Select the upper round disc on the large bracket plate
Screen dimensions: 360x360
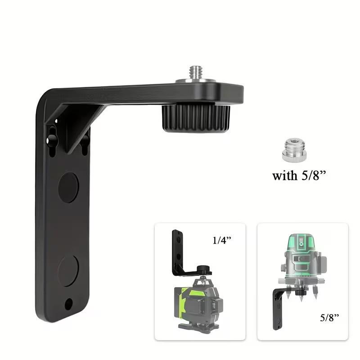[68, 187]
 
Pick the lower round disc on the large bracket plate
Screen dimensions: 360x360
[68, 270]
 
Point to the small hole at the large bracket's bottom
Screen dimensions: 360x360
[68, 304]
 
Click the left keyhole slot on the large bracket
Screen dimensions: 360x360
[52, 137]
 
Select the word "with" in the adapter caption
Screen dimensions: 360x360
[284, 175]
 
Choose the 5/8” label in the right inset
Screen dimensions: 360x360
[329, 318]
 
